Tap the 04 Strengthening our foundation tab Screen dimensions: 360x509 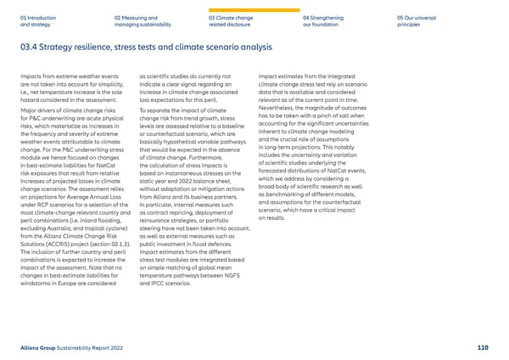pyautogui.click(x=326, y=20)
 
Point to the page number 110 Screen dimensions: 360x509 pyautogui.click(x=483, y=346)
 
